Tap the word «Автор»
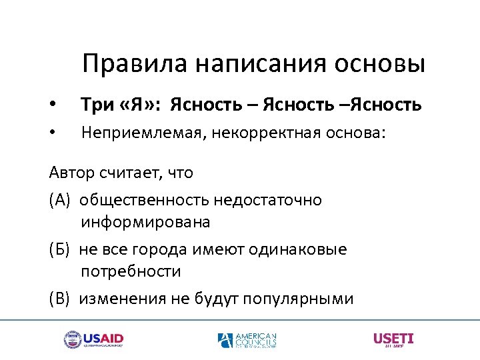tap(71, 173)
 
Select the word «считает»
tap(131, 173)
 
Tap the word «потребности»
tap(131, 271)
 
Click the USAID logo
tap(93, 340)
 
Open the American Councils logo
tap(247, 340)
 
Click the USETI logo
tap(393, 339)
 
